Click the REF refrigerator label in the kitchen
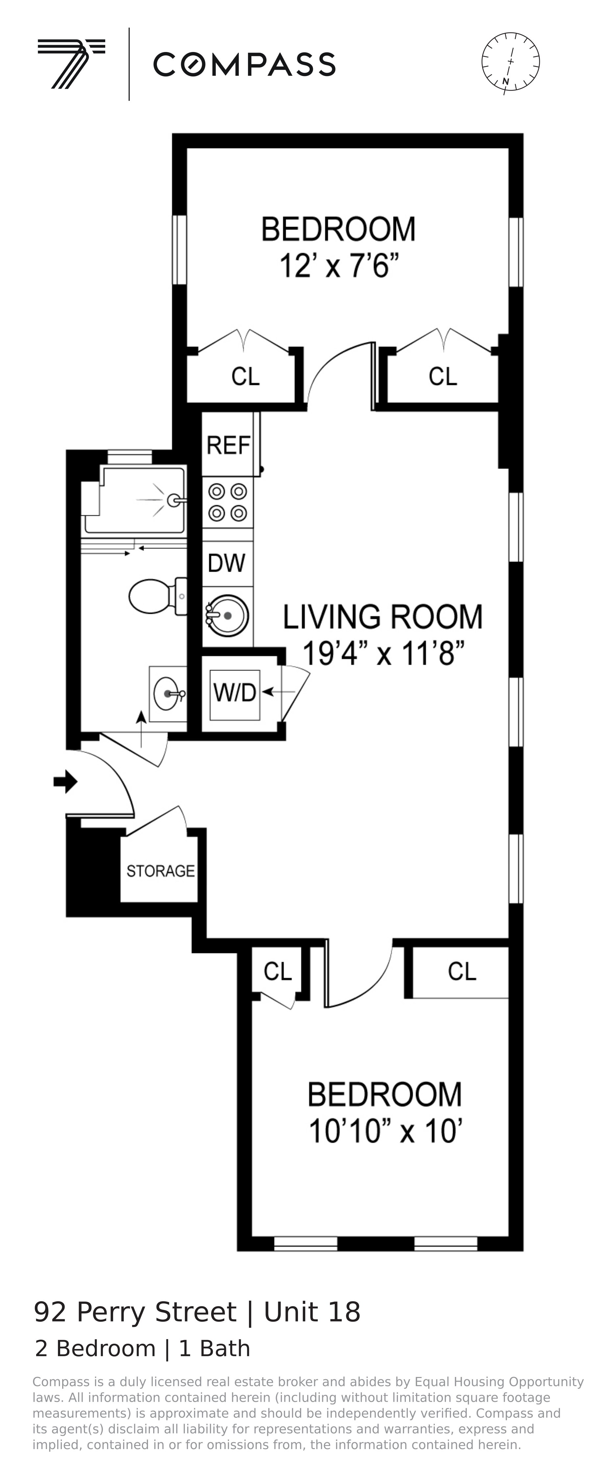tap(228, 445)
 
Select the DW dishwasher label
tap(227, 563)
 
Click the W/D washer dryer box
tap(234, 693)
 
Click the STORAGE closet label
tap(160, 871)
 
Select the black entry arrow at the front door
tap(65, 781)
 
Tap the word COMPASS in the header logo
tap(244, 65)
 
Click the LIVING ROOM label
tap(383, 617)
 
